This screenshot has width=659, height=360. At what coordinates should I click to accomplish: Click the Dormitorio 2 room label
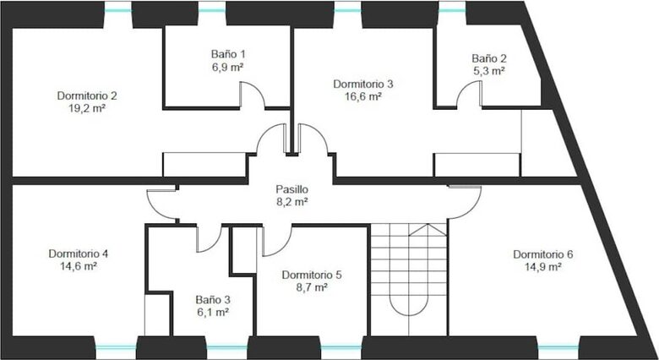(x=87, y=95)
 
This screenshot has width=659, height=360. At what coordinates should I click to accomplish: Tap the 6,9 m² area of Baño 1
(x=228, y=67)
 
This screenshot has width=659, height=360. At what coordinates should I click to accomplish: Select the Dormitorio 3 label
(x=363, y=85)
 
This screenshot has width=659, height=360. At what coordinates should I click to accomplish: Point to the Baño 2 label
(x=489, y=58)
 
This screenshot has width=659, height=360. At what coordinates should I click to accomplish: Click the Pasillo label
(x=291, y=189)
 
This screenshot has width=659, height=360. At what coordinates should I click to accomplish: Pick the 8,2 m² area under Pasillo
(x=292, y=202)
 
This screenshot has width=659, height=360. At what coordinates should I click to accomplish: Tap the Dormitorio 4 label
(x=79, y=254)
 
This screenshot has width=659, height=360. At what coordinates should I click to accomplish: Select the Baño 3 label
(x=213, y=300)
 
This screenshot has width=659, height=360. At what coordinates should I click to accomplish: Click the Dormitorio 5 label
(x=312, y=275)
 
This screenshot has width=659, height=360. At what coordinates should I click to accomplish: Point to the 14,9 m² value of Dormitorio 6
(x=543, y=267)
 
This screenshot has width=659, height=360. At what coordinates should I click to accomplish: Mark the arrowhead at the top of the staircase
(x=428, y=229)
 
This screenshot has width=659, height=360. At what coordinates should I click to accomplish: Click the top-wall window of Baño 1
(x=212, y=10)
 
